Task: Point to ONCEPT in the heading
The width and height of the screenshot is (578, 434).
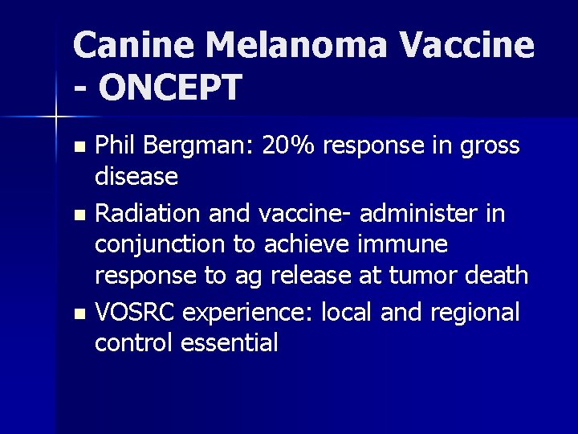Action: pos(170,88)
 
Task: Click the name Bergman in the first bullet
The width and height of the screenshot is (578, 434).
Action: pos(188,146)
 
